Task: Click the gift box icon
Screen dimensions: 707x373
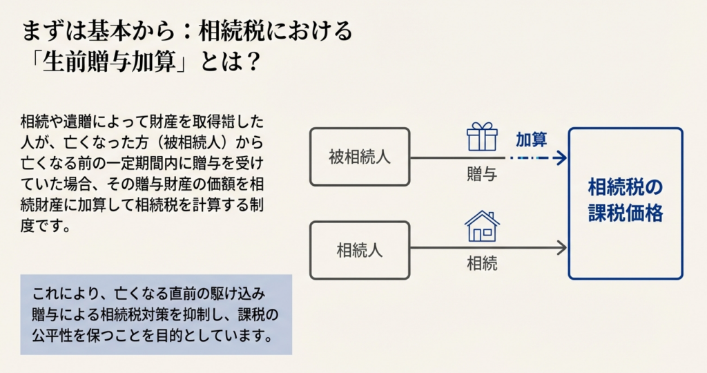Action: [x=482, y=137]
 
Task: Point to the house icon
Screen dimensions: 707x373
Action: [x=482, y=227]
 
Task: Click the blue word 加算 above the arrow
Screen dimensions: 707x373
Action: [x=531, y=140]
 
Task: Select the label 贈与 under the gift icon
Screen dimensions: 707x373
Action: [x=482, y=174]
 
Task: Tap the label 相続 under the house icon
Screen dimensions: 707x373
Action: [x=482, y=263]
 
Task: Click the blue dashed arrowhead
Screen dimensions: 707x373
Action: [x=561, y=158]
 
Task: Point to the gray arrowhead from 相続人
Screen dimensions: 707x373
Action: [x=561, y=247]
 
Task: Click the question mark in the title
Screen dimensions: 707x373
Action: [x=253, y=61]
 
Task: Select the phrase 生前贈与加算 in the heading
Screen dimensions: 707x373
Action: [x=108, y=61]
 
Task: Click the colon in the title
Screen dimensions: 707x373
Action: [x=188, y=32]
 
